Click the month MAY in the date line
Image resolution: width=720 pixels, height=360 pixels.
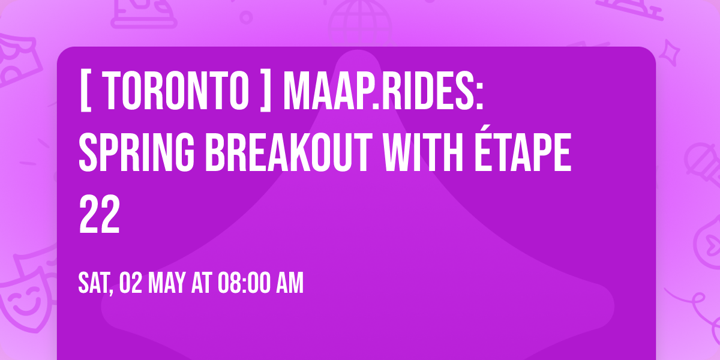[170, 283]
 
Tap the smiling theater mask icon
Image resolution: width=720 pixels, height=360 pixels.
[24, 300]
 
